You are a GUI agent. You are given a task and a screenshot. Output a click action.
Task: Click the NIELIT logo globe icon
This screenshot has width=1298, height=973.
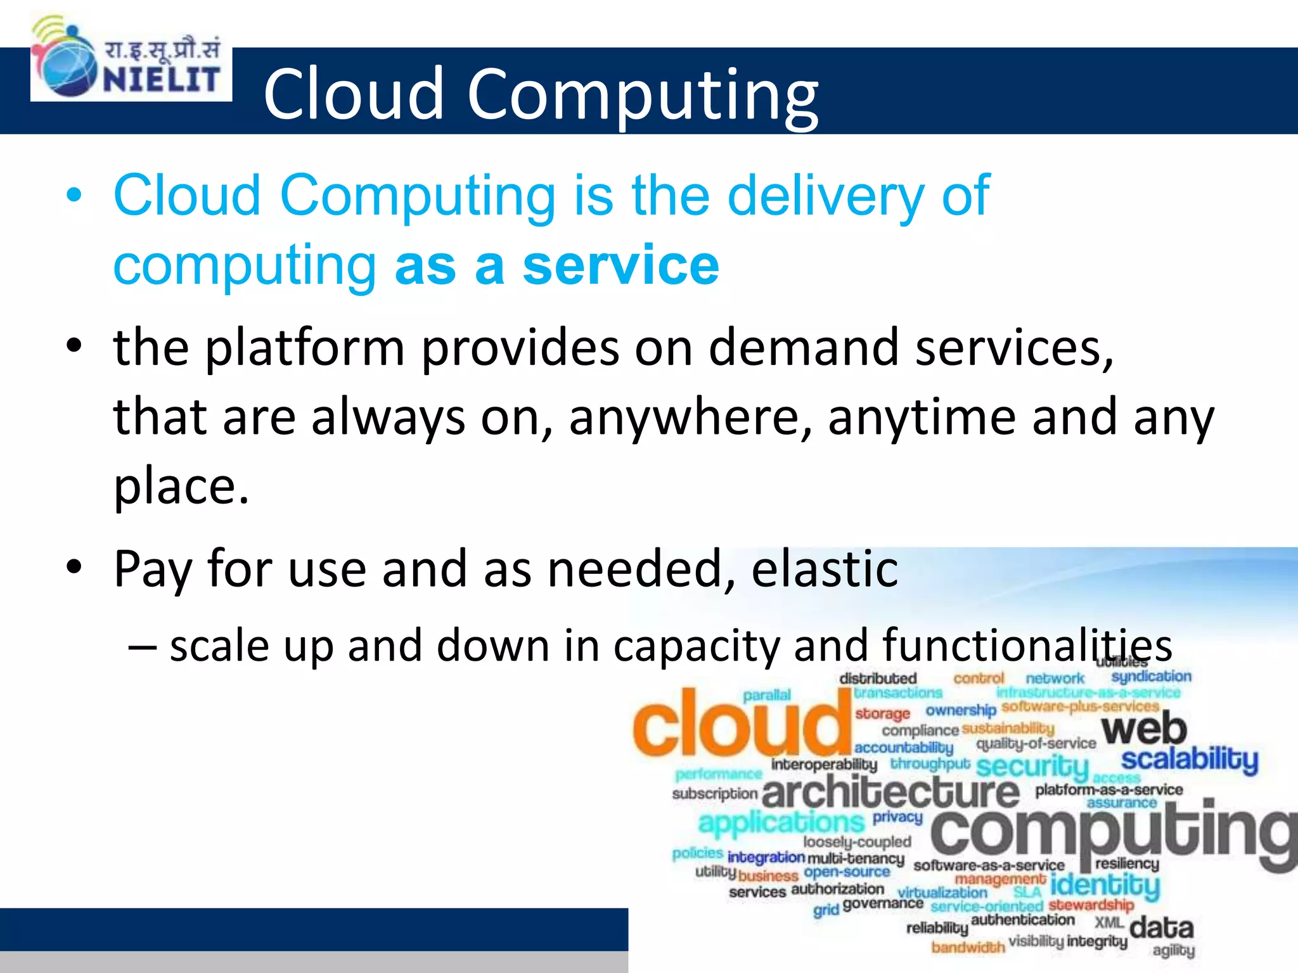click(x=66, y=66)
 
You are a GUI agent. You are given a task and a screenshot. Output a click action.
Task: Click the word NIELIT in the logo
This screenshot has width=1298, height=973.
click(x=162, y=80)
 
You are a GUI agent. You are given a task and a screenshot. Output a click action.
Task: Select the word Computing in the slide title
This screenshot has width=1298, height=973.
click(x=643, y=95)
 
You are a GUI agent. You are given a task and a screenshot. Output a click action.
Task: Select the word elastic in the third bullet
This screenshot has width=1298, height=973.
click(x=824, y=568)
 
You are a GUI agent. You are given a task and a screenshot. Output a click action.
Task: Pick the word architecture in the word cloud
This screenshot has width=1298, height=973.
click(x=890, y=793)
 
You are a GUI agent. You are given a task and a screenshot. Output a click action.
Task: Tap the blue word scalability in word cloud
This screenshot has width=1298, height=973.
click(x=1189, y=759)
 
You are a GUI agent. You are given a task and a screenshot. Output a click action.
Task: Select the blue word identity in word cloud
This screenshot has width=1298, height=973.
click(x=1105, y=884)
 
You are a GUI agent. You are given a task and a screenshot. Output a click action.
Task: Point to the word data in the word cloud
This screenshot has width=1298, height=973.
click(x=1161, y=927)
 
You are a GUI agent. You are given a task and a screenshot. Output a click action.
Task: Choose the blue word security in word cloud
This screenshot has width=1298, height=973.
click(x=1032, y=766)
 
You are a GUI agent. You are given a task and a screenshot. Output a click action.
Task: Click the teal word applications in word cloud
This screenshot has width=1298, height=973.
click(x=781, y=822)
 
